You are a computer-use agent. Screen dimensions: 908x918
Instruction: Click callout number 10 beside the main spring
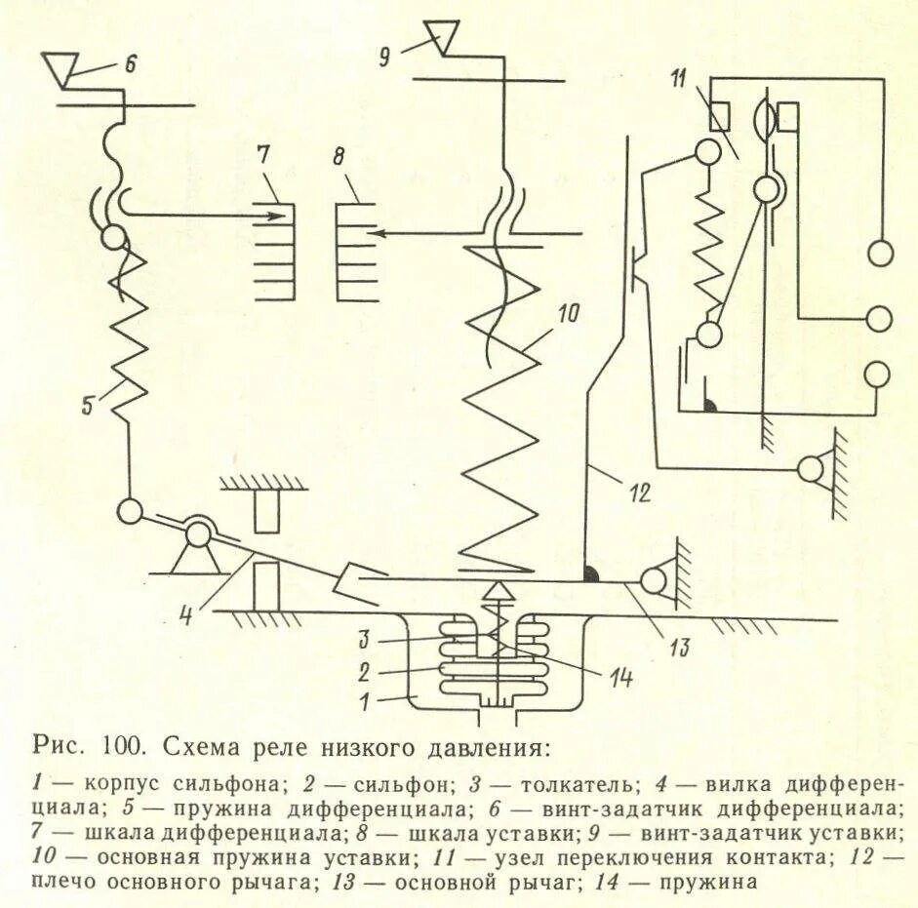coord(570,314)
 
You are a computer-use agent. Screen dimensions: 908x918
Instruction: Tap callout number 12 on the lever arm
coord(639,493)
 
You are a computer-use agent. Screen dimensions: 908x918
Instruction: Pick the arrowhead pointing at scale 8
coord(382,233)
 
